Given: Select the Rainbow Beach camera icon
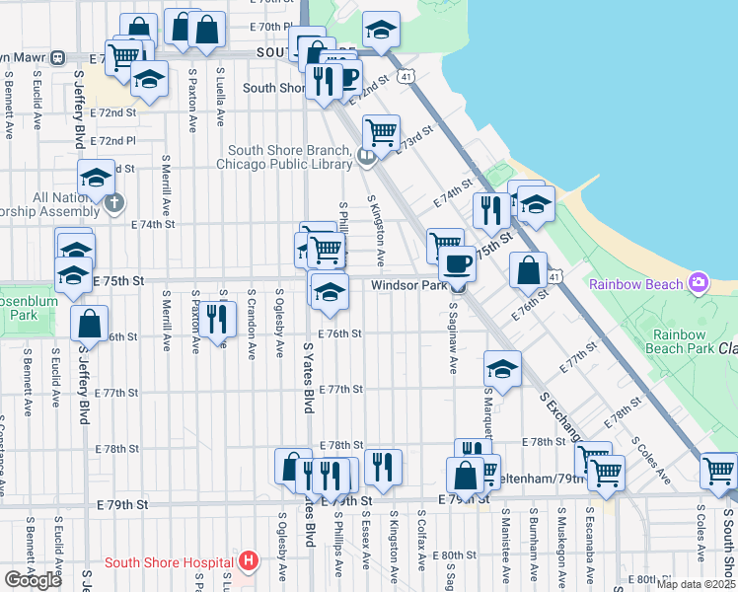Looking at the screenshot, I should click(700, 284).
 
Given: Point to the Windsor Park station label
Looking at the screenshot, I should click(409, 285).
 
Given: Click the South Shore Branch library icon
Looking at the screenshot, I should click(367, 156).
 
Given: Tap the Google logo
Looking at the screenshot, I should click(33, 580).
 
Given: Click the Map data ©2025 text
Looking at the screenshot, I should click(696, 584).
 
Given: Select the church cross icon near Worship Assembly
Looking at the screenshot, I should click(114, 204).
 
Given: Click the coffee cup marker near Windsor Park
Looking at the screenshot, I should click(457, 263).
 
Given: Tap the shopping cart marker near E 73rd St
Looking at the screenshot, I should click(381, 130).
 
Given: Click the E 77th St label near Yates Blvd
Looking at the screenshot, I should click(341, 390).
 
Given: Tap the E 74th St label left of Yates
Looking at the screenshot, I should click(153, 224).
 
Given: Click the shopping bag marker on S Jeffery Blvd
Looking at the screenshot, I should click(90, 323).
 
